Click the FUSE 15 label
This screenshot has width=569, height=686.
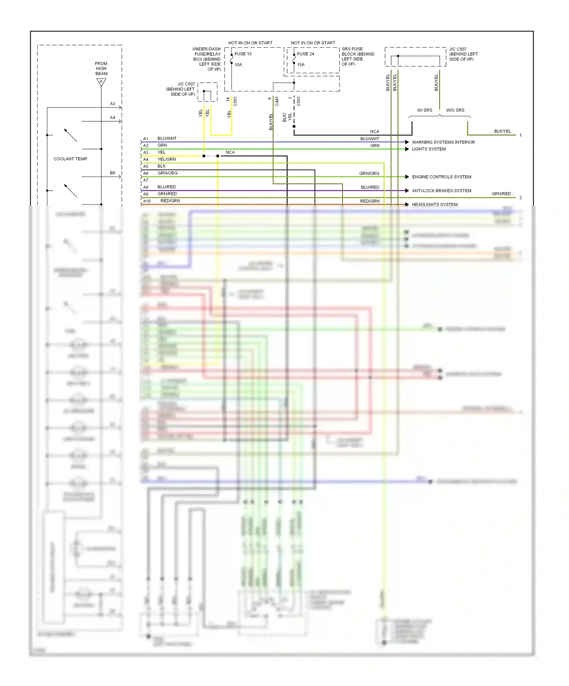click(243, 54)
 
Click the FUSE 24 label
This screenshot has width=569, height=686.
click(305, 54)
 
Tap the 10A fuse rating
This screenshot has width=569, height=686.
click(238, 65)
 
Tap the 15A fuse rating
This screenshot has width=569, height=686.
click(301, 65)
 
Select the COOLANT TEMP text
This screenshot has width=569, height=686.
click(71, 159)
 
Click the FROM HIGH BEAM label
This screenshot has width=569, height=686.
click(101, 69)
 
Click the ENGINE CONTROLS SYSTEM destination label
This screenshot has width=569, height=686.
click(442, 177)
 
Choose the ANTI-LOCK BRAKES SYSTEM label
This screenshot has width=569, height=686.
click(442, 191)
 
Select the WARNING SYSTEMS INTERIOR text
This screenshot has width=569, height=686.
click(443, 142)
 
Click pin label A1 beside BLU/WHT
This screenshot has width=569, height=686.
click(146, 139)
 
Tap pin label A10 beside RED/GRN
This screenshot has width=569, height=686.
click(147, 201)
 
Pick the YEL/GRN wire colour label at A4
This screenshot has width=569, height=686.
click(167, 159)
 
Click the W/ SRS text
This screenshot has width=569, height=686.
click(424, 110)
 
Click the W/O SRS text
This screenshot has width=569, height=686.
click(455, 110)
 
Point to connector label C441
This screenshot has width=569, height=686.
click(277, 101)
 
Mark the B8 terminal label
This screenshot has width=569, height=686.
click(113, 173)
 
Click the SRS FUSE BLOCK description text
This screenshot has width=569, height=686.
click(358, 56)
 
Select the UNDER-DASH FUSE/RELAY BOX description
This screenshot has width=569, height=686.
click(207, 59)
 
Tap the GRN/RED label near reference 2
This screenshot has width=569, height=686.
click(501, 194)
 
